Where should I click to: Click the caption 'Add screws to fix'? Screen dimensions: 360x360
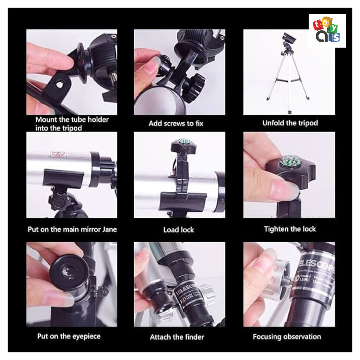tap(176, 123)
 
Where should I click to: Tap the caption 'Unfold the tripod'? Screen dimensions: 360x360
tap(290, 123)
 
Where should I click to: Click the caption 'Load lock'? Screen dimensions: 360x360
tap(178, 230)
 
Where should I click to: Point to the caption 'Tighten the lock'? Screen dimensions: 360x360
tap(290, 229)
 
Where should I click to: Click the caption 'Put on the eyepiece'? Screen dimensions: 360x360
tap(69, 336)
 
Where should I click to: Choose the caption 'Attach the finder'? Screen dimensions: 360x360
tap(177, 337)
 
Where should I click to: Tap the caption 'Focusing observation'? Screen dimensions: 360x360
tap(287, 336)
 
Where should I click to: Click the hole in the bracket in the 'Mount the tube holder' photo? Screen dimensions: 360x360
tap(59, 84)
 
